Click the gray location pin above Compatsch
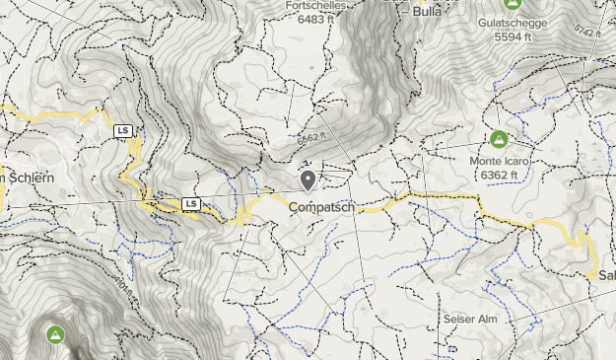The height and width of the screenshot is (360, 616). click(308, 180)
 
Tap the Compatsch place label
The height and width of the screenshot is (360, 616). click(321, 208)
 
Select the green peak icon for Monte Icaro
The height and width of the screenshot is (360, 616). click(500, 139)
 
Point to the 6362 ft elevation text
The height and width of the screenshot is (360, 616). click(501, 175)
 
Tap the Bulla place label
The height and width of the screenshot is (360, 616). click(427, 12)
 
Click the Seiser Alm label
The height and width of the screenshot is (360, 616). click(470, 321)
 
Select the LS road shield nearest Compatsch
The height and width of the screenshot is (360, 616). click(192, 204)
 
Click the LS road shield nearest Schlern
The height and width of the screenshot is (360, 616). click(123, 131)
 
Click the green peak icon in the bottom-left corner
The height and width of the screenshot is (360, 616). click(56, 335)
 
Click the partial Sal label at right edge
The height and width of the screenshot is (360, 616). click(606, 275)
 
